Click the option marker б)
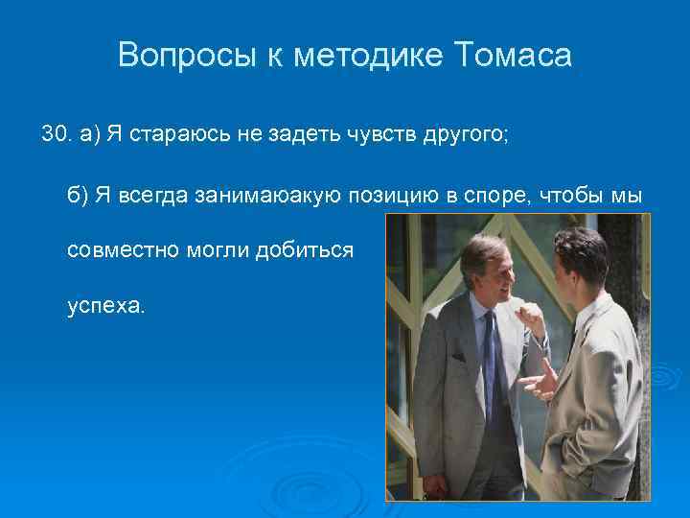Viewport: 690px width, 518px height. point(77,196)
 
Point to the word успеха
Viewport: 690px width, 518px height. point(105,306)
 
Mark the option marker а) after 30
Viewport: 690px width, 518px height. point(90,134)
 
